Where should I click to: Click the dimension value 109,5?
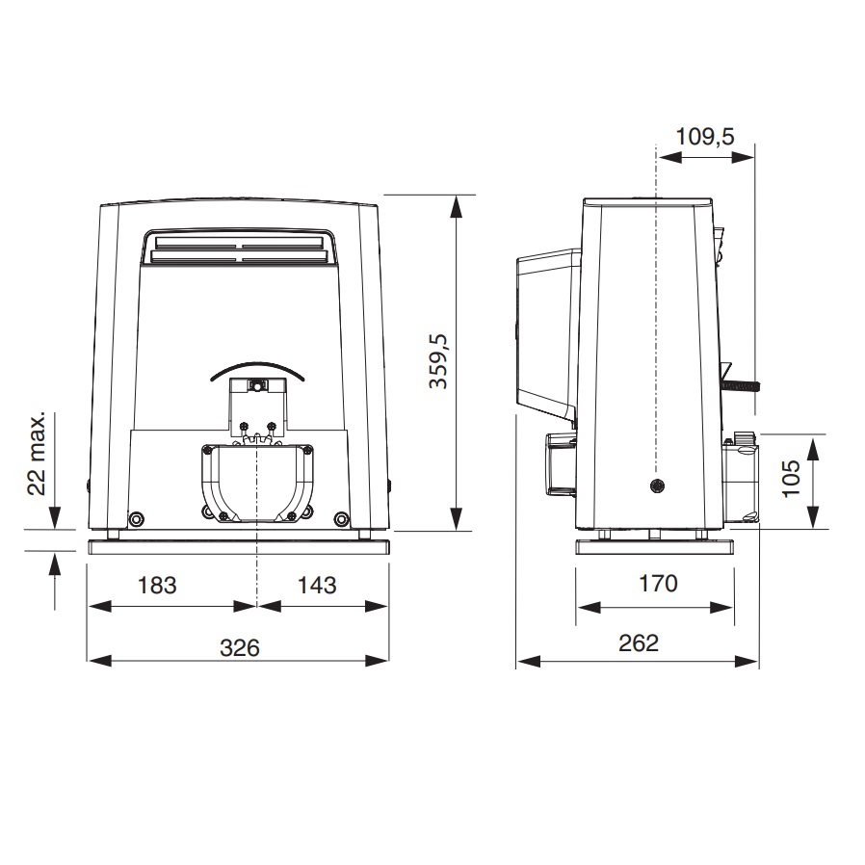pyautogui.click(x=704, y=136)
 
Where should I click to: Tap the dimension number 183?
pyautogui.click(x=156, y=585)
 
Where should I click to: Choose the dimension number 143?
pyautogui.click(x=317, y=585)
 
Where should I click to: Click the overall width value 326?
pyautogui.click(x=239, y=646)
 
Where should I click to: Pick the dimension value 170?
pyautogui.click(x=657, y=583)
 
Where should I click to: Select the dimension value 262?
pyautogui.click(x=638, y=642)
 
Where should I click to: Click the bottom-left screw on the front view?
pyautogui.click(x=136, y=519)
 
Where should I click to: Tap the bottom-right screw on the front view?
pyautogui.click(x=341, y=519)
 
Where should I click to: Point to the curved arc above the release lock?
pyautogui.click(x=257, y=370)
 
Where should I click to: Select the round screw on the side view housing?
pyautogui.click(x=656, y=485)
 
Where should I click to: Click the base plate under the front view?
pyautogui.click(x=239, y=546)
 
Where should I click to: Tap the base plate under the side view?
pyautogui.click(x=657, y=546)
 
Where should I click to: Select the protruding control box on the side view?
pyautogui.click(x=547, y=328)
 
